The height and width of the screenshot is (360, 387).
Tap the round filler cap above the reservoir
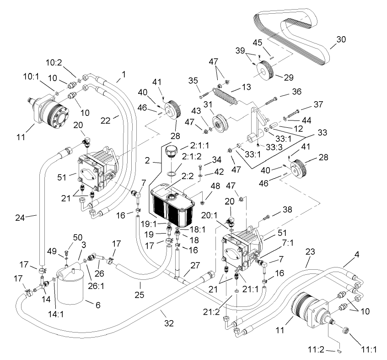tap(170, 151)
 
